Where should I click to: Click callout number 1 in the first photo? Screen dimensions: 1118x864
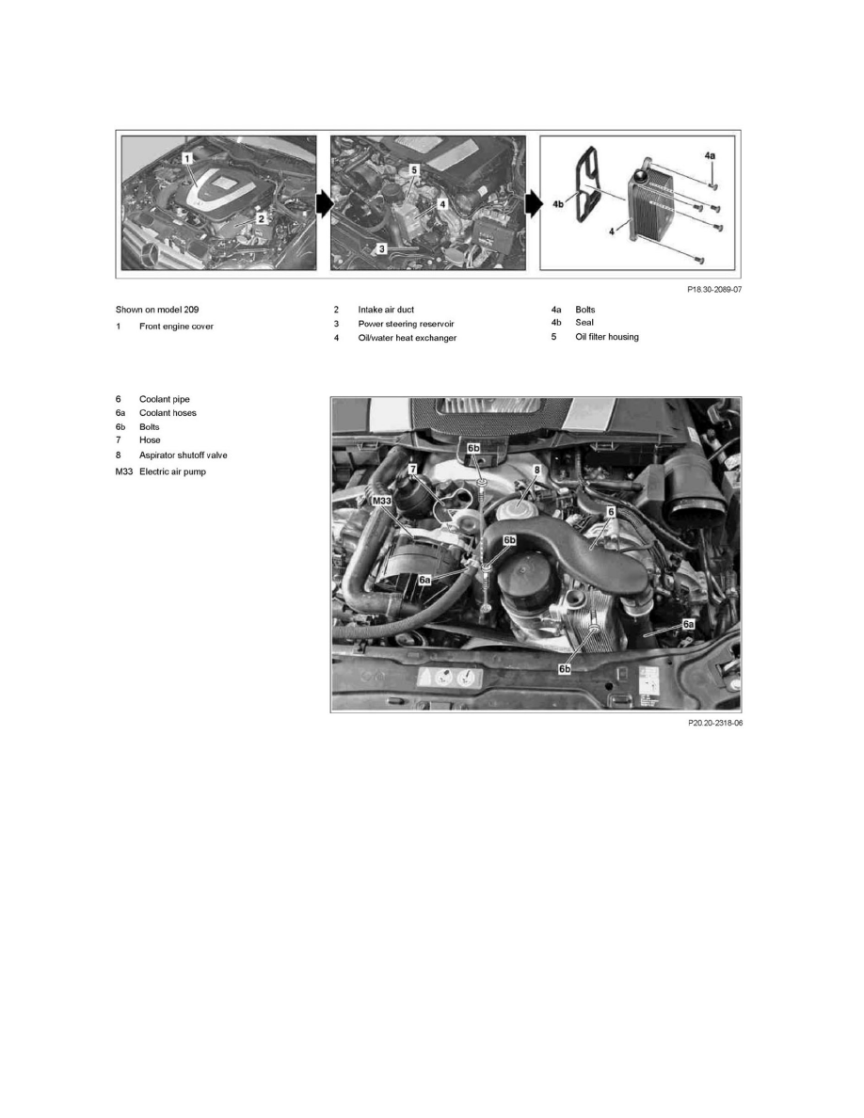[x=187, y=158]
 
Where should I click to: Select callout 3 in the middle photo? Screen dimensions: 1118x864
[x=381, y=249]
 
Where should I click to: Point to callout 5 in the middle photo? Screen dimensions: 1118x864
[x=413, y=170]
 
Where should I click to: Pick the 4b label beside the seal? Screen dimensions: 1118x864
[x=557, y=201]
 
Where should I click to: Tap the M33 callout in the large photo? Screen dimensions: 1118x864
[x=381, y=502]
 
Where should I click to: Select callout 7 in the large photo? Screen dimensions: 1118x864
[x=411, y=469]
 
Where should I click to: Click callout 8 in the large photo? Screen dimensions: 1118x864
[x=537, y=469]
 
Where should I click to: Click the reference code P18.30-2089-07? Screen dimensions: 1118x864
[x=714, y=291]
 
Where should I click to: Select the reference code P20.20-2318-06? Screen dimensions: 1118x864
[x=714, y=724]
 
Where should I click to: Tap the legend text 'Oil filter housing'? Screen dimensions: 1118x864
[x=607, y=337]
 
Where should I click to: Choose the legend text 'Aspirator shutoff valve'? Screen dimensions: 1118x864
[x=183, y=455]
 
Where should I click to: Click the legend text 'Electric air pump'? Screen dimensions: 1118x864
[x=172, y=471]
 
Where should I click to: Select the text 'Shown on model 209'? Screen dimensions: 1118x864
[x=157, y=309]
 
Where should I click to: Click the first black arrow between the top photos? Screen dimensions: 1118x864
[x=323, y=203]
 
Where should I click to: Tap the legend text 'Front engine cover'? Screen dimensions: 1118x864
[x=176, y=326]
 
